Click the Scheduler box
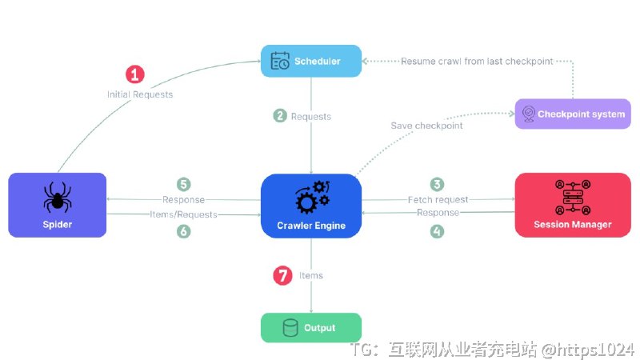point(311,61)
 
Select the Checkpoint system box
point(572,114)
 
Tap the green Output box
point(311,327)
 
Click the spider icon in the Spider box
point(57,196)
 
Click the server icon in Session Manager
point(572,196)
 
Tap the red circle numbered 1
point(135,74)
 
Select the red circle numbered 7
point(282,275)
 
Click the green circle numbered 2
point(280,116)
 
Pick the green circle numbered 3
point(437,184)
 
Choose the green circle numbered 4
point(437,231)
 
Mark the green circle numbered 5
point(184,184)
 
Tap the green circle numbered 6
point(184,231)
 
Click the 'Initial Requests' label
point(140,94)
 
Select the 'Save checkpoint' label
point(426,126)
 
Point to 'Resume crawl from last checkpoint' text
point(477,61)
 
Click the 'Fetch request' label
point(438,199)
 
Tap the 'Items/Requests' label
point(183,214)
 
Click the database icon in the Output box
point(290,327)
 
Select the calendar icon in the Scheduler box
point(280,61)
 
